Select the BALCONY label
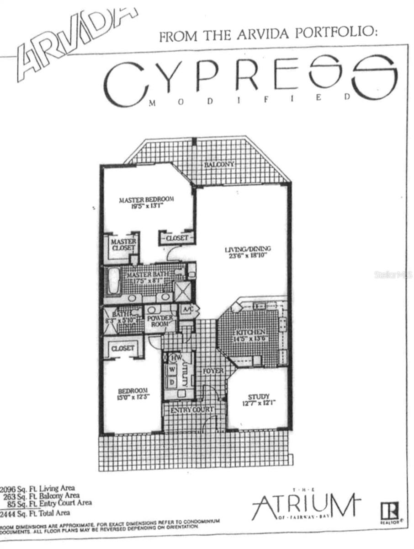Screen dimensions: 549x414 point(219,164)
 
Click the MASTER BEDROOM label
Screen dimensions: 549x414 point(147,199)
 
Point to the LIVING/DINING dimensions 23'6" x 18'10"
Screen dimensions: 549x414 point(248,256)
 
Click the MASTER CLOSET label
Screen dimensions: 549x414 point(123,244)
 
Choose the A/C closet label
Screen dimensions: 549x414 point(188,309)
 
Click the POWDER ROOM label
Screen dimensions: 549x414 point(160,321)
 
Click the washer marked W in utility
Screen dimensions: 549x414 point(173,369)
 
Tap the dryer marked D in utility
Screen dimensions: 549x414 point(173,381)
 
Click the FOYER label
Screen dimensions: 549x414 point(213,371)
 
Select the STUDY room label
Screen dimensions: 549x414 point(259,397)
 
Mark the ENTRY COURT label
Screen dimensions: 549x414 point(191,409)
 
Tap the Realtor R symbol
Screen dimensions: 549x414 point(393,510)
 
